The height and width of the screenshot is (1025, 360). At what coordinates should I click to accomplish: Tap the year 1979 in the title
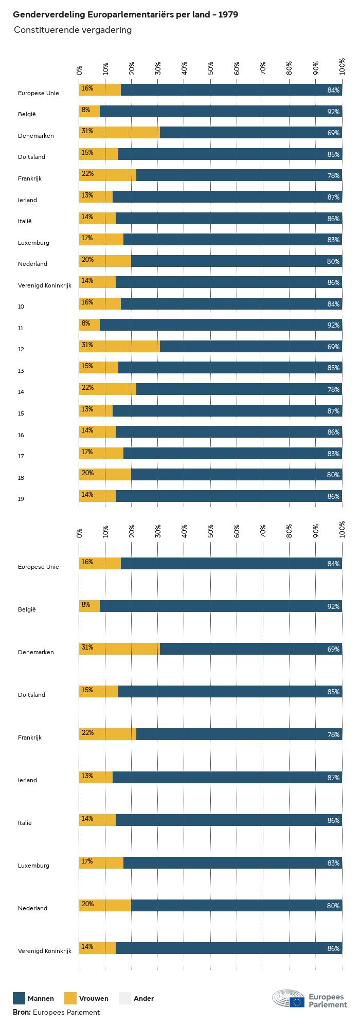[228, 15]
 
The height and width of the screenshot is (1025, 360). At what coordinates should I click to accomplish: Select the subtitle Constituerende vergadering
[73, 30]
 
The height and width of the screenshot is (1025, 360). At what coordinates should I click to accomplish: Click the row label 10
[21, 307]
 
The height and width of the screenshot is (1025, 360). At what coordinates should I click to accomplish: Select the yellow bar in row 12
[119, 346]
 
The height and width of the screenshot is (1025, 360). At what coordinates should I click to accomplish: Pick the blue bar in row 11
[221, 325]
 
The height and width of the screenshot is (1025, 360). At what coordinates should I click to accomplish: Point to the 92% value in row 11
[333, 325]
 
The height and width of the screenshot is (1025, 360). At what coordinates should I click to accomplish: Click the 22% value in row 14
[87, 388]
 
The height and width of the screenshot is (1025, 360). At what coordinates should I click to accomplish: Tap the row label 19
[21, 499]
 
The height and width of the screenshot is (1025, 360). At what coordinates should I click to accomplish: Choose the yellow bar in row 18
[105, 474]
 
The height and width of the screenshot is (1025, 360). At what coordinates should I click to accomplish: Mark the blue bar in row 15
[227, 410]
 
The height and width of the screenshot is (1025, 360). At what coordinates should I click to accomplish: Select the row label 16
[21, 435]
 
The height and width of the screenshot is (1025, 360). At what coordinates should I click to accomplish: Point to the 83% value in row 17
[333, 454]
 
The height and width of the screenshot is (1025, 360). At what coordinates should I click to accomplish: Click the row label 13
[21, 371]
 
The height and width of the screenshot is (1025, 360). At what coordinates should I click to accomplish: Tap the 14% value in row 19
[87, 495]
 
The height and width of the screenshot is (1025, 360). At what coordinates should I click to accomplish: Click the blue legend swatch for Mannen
[19, 998]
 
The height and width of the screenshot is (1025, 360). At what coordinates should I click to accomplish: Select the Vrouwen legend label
[94, 999]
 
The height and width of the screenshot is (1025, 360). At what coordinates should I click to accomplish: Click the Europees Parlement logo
[310, 999]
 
